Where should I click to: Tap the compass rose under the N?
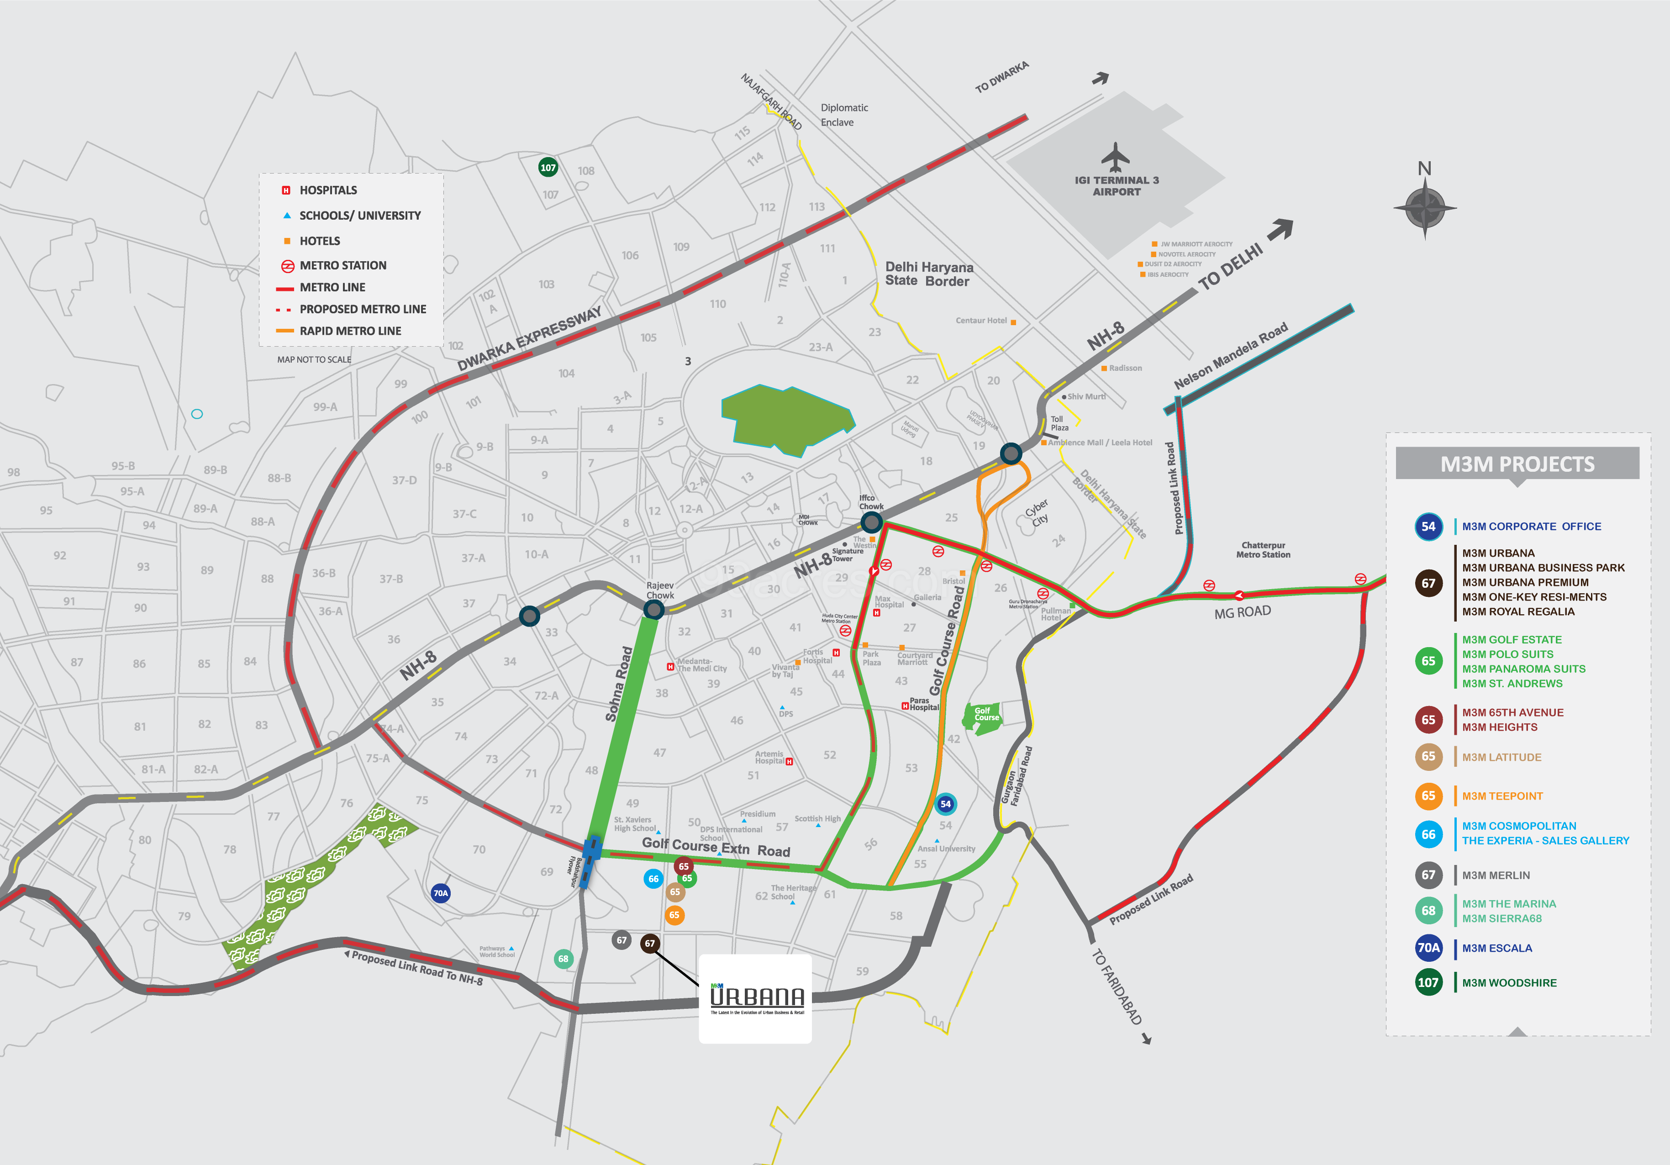pyautogui.click(x=1424, y=208)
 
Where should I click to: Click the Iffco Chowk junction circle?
pyautogui.click(x=871, y=522)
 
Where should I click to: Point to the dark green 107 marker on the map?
pyautogui.click(x=548, y=167)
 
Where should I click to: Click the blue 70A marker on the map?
pyautogui.click(x=440, y=893)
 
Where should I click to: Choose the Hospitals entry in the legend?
pyautogui.click(x=327, y=190)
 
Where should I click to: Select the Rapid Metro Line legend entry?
pyautogui.click(x=349, y=331)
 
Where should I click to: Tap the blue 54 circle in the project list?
pyautogui.click(x=1428, y=527)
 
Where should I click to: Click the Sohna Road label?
pyautogui.click(x=618, y=684)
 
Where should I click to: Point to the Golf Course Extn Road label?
pyautogui.click(x=716, y=847)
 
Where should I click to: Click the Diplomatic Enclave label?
pyautogui.click(x=844, y=115)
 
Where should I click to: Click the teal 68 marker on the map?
pyautogui.click(x=563, y=959)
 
